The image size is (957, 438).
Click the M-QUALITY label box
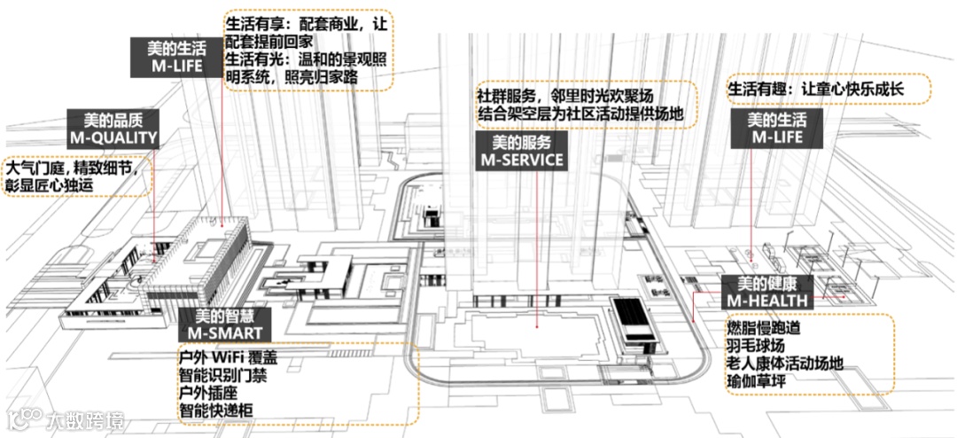tap(113, 129)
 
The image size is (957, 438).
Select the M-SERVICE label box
tap(521, 152)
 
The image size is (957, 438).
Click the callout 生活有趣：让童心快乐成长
tap(828, 89)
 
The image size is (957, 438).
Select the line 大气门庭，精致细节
tap(73, 168)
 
